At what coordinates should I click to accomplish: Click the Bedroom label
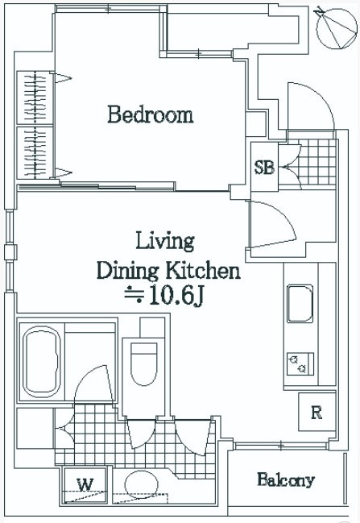click(x=151, y=114)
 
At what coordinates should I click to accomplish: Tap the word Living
click(x=165, y=242)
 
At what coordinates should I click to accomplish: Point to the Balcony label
click(x=286, y=479)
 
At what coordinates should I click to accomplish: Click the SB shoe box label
click(x=264, y=167)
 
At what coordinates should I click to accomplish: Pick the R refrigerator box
click(x=317, y=412)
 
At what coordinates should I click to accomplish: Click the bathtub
click(x=42, y=362)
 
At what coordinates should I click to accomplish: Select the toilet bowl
click(x=143, y=364)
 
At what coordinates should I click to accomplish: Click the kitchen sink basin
click(x=300, y=304)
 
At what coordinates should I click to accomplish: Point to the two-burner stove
click(x=300, y=364)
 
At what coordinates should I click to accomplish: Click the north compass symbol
click(x=336, y=27)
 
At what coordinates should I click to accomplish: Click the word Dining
click(x=127, y=272)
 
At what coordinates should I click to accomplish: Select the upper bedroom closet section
click(x=35, y=98)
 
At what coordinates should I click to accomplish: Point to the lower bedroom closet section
click(x=35, y=152)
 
